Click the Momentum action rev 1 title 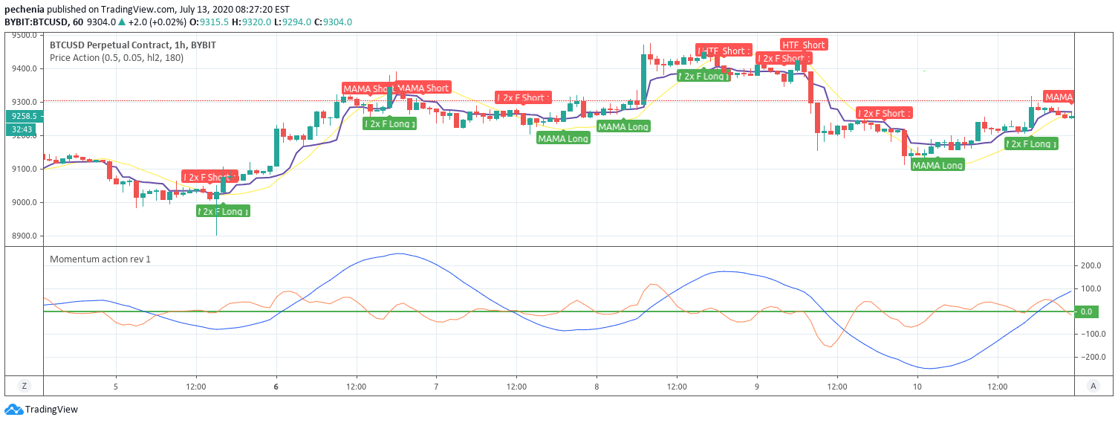click(x=100, y=259)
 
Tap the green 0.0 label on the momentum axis click(x=1085, y=311)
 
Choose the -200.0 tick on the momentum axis click(x=1089, y=357)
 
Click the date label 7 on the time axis click(x=436, y=387)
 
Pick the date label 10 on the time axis click(x=917, y=387)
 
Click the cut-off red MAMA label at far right click(x=1059, y=97)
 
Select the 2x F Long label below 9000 click(x=223, y=211)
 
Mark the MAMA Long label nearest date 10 click(x=937, y=165)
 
